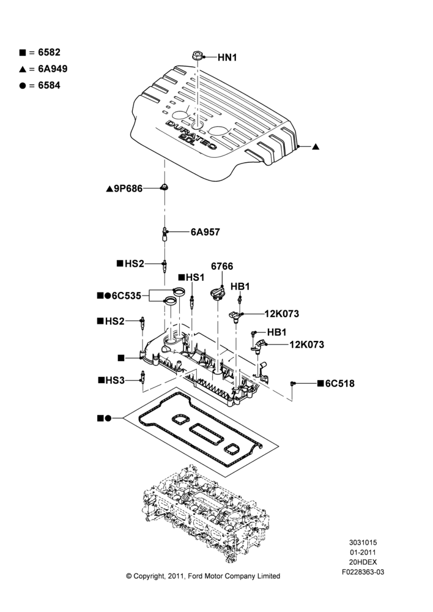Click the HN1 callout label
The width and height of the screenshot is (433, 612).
point(227,58)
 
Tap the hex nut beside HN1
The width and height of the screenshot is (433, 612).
point(198,56)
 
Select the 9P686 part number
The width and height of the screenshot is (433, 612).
point(128,189)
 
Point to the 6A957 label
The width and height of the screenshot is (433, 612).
point(205,232)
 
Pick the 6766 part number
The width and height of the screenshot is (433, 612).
point(222,266)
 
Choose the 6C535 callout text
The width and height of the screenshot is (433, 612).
point(127,296)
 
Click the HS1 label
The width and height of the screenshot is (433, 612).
point(195,277)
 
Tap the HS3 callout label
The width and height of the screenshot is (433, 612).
point(115,380)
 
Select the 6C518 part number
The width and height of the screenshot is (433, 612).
point(340,384)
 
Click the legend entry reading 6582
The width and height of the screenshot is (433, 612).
point(49,52)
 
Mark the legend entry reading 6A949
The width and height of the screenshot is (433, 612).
point(53,69)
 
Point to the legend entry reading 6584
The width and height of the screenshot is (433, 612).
point(49,86)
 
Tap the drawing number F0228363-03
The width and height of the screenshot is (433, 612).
point(363,572)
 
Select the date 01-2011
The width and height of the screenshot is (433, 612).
point(363,552)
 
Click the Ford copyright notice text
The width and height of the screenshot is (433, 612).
point(203,576)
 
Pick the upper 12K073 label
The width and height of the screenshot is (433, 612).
point(282,314)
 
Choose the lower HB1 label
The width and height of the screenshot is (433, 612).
point(276,332)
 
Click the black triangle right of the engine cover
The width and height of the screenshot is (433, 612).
point(316,147)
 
